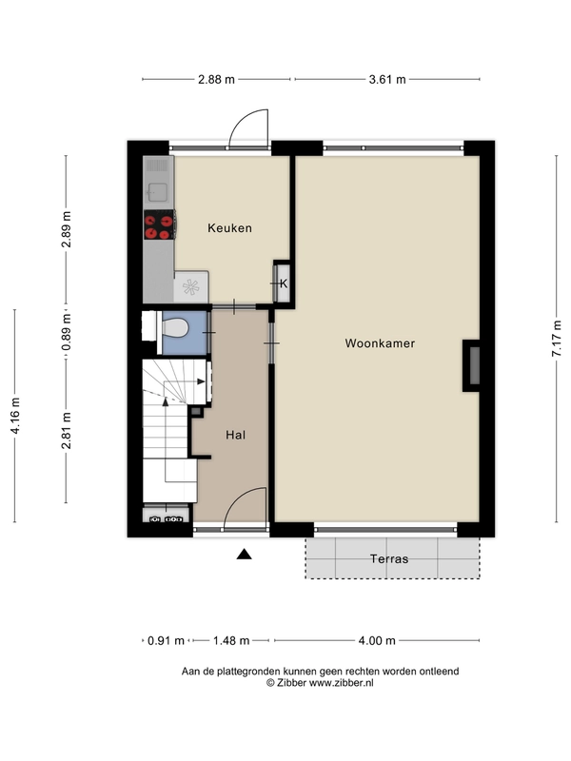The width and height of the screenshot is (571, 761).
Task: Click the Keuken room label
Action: tap(229, 227)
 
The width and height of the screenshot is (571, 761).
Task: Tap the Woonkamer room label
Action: tap(380, 343)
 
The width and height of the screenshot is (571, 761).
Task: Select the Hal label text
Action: tap(235, 435)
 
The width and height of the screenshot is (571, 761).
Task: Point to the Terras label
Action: tap(389, 558)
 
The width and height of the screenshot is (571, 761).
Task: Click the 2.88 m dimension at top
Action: tap(216, 79)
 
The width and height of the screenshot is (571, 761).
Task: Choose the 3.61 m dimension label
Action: tap(387, 79)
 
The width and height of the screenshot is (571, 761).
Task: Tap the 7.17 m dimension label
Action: tap(557, 339)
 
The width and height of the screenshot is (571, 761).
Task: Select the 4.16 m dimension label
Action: tap(15, 416)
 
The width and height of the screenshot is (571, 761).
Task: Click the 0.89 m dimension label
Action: tap(66, 332)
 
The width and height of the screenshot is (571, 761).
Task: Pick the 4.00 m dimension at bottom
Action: tap(377, 640)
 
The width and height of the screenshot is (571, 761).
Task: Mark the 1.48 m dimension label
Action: tap(231, 640)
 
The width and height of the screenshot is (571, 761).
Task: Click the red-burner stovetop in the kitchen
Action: tap(159, 224)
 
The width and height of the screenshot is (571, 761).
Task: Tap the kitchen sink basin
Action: tap(157, 192)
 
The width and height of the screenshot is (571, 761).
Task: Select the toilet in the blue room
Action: tap(174, 327)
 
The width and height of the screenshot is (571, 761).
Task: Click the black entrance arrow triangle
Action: tap(245, 554)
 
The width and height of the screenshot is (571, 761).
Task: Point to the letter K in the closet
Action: tap(284, 283)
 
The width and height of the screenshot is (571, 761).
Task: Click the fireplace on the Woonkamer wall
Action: tap(471, 365)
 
